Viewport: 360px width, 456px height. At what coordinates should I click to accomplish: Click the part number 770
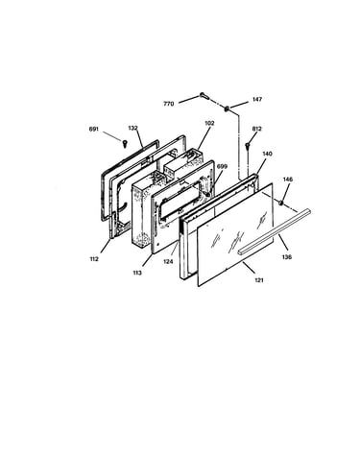[169, 104]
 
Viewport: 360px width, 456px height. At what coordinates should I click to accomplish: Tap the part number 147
[257, 99]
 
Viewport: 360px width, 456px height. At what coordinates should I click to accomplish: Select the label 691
[94, 130]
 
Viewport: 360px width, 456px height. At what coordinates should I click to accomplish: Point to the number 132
[132, 128]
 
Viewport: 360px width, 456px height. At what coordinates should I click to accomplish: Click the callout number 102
[209, 123]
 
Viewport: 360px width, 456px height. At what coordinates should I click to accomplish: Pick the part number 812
[257, 129]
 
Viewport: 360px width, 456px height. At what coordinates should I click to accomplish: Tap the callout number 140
[267, 154]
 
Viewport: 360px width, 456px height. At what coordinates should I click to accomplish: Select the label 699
[222, 166]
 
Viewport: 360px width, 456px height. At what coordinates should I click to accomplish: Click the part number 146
[288, 180]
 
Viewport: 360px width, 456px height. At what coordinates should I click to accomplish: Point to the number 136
[287, 256]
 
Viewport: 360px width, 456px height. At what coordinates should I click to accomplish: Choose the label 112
[94, 259]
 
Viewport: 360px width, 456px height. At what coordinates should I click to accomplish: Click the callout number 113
[137, 273]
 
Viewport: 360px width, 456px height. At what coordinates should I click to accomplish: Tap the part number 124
[168, 262]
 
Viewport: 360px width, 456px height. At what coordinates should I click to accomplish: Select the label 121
[259, 280]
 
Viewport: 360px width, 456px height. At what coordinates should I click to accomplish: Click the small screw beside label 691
[125, 143]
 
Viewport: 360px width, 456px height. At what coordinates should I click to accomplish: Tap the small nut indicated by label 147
[227, 108]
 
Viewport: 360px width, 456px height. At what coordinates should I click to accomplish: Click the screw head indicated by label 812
[248, 146]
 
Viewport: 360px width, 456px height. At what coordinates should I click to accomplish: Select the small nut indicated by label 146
[281, 203]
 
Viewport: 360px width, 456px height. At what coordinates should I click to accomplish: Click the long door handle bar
[274, 231]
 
